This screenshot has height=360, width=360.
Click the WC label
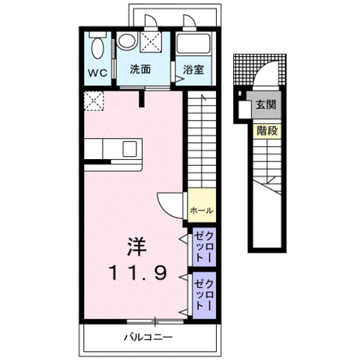pos(97,73)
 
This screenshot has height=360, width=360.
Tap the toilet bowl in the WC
pos(97,48)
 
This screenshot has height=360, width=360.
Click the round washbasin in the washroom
pos(127,40)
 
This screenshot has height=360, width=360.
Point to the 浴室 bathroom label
pos(193,70)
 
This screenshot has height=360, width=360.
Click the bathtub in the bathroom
pos(193,43)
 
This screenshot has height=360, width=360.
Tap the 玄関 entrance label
pos(266,104)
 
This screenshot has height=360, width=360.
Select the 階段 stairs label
pos(268,130)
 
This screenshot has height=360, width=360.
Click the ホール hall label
pos(202,211)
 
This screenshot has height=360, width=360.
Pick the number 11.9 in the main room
pos(138,273)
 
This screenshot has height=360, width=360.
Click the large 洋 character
pos(136,247)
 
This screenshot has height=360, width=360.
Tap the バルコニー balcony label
pos(148,337)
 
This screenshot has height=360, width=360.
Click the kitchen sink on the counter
pos(130,149)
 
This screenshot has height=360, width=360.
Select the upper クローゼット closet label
pos(204,247)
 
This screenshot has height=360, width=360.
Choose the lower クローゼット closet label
pos(204,295)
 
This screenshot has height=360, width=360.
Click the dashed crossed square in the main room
pos(94,101)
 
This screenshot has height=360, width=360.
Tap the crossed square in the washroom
pos(151,42)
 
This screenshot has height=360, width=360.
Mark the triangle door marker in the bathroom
pos(179,79)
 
